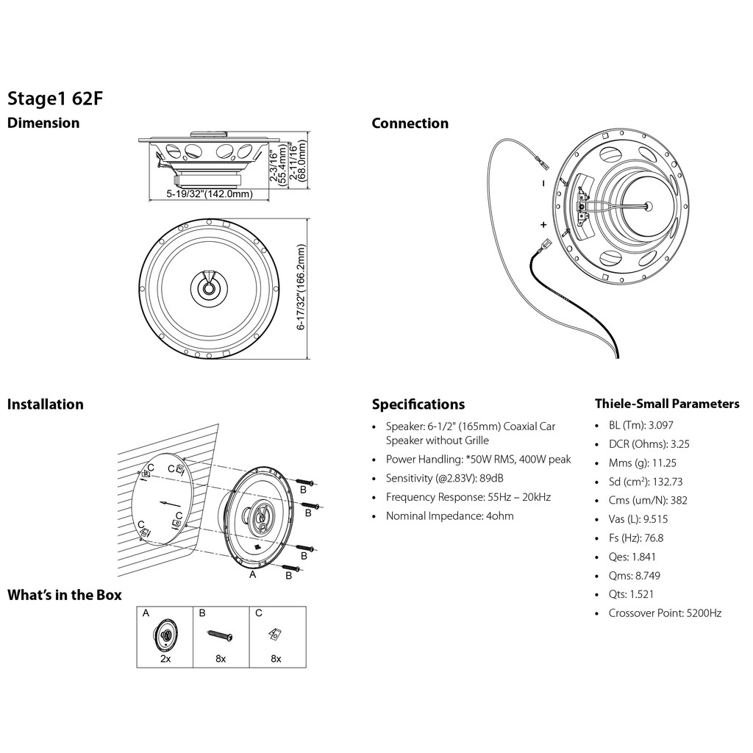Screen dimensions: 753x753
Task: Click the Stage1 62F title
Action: click(x=51, y=99)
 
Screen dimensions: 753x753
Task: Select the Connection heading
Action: click(x=410, y=124)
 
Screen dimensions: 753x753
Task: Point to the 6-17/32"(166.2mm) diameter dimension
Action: click(x=301, y=288)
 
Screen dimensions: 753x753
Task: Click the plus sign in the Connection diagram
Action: click(x=543, y=224)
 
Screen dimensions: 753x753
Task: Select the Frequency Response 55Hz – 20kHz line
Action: click(x=468, y=497)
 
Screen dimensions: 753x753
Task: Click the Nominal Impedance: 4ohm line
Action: click(x=449, y=516)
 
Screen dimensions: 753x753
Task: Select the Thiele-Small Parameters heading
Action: click(x=666, y=404)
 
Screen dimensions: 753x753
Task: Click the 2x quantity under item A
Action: click(x=165, y=659)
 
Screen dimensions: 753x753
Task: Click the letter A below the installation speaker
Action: click(x=253, y=575)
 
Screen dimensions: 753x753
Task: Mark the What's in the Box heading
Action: click(x=65, y=595)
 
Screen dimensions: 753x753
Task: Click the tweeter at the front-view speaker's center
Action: click(x=210, y=288)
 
